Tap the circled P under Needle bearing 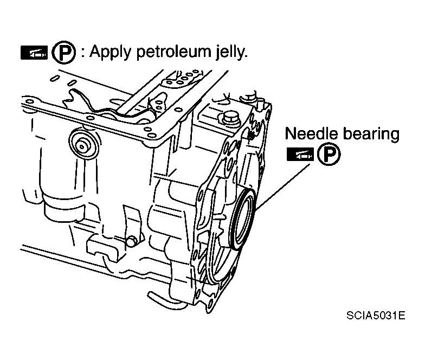[x=329, y=155]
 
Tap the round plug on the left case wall [x=82, y=145]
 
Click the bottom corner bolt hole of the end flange [x=208, y=309]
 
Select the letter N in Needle [x=291, y=133]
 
